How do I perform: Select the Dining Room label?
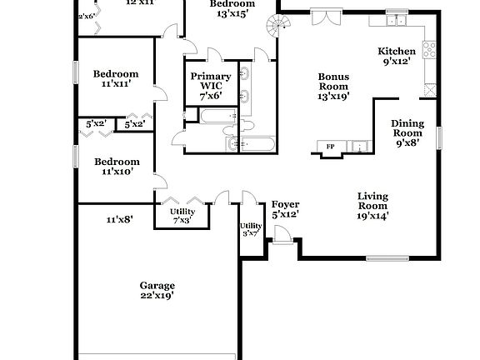407,132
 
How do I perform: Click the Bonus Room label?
333,86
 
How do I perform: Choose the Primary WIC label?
210,86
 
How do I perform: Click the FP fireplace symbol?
330,147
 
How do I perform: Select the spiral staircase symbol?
275,22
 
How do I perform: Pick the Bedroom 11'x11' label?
115,78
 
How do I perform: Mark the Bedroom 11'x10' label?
115,166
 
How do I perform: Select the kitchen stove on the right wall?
430,50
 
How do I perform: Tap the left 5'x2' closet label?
96,124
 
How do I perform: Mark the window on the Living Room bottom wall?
388,257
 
